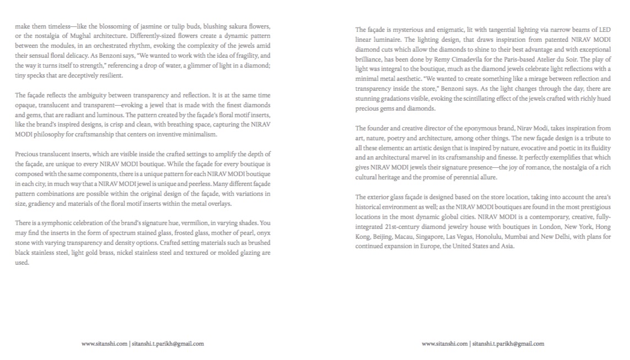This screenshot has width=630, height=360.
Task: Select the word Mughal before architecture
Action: tap(80, 36)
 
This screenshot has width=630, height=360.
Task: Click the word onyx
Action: tap(263, 233)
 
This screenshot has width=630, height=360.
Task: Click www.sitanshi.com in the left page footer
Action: tap(104, 344)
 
